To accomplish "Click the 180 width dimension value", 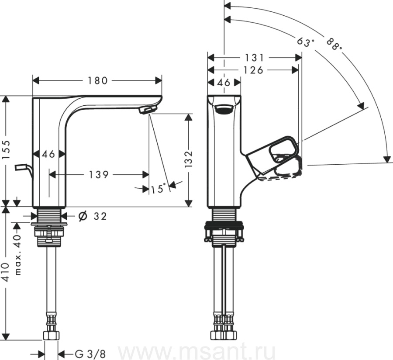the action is (x=98, y=81).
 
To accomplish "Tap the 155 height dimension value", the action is (x=6, y=150).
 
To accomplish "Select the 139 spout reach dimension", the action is (x=99, y=175).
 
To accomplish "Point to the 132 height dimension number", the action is (x=189, y=159).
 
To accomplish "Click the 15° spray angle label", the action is (x=159, y=188).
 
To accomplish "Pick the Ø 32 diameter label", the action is (x=92, y=216).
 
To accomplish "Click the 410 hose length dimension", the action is (x=6, y=272).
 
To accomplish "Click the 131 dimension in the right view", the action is (x=254, y=58).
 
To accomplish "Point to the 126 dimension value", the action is (x=253, y=70).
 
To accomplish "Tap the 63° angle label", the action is (x=306, y=42).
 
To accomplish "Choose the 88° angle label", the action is (x=334, y=44).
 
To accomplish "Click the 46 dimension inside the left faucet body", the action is (x=48, y=154).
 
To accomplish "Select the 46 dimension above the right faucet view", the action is (x=224, y=82).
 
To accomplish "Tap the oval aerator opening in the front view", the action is (x=224, y=109).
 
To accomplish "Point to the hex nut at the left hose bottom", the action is (x=52, y=335).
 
